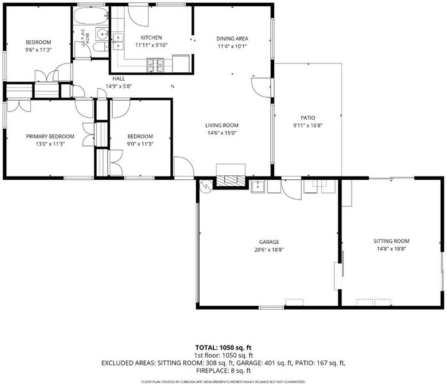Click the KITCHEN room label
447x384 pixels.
pyautogui.click(x=151, y=38)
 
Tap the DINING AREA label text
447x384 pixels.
pyautogui.click(x=232, y=39)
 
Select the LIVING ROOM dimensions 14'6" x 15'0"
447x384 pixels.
pyautogui.click(x=222, y=132)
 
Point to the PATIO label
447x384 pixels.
pyautogui.click(x=308, y=118)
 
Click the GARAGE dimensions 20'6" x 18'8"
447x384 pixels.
pyautogui.click(x=269, y=250)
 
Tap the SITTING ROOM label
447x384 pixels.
pyautogui.click(x=391, y=241)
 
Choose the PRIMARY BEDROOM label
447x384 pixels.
pyautogui.click(x=50, y=136)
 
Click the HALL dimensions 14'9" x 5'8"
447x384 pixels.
pyautogui.click(x=118, y=86)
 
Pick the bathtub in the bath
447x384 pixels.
pyautogui.click(x=91, y=15)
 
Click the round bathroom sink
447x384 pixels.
pyautogui.click(x=101, y=34)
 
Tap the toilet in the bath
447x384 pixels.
pyautogui.click(x=101, y=47)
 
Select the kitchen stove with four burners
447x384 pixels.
pyautogui.click(x=156, y=65)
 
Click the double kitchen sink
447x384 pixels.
pyautogui.click(x=118, y=42)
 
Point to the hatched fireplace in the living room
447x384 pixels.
pyautogui.click(x=231, y=179)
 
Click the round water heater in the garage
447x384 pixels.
pyautogui.click(x=206, y=186)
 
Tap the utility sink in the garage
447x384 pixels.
pyautogui.click(x=258, y=187)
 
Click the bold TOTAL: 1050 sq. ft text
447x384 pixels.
pyautogui.click(x=224, y=348)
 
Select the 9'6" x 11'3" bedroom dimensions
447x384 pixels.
pyautogui.click(x=38, y=50)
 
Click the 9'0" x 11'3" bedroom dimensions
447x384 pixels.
pyautogui.click(x=140, y=144)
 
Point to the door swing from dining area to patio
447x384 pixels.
pyautogui.click(x=261, y=88)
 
